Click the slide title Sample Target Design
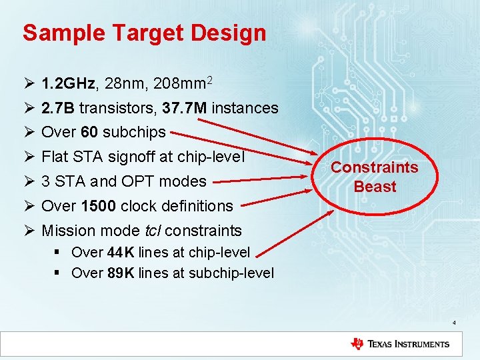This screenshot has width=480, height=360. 144,33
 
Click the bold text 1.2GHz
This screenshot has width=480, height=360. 69,84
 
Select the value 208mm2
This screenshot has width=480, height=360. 182,83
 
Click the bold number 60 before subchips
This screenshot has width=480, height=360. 89,132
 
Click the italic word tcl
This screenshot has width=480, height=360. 153,231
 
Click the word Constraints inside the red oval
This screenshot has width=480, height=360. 375,167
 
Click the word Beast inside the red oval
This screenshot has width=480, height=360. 375,187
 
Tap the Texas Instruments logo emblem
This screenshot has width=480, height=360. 357,344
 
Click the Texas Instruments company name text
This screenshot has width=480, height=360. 409,344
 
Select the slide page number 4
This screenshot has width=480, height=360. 453,323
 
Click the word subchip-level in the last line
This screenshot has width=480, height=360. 231,273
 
